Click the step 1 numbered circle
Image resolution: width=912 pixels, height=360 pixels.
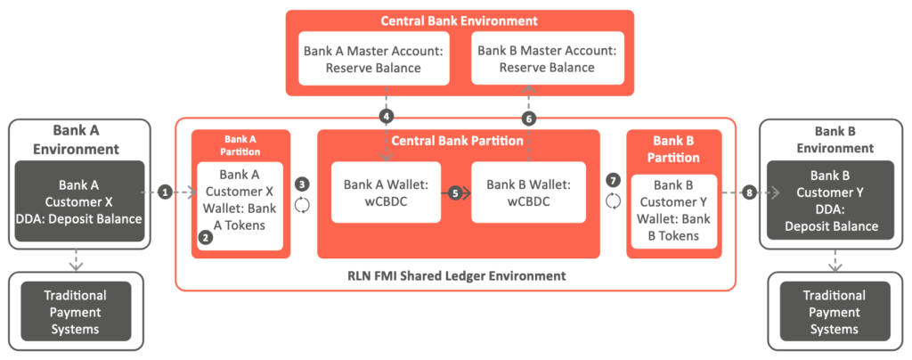click(165, 192)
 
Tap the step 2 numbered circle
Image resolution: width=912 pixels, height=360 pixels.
click(206, 237)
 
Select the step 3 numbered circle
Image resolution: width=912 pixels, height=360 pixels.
click(303, 184)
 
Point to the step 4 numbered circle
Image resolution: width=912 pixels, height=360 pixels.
click(386, 117)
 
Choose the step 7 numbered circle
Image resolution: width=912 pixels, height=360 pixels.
click(613, 180)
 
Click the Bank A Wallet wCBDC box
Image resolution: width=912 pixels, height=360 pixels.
click(386, 192)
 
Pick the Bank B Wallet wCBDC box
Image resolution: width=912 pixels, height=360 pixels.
click(528, 192)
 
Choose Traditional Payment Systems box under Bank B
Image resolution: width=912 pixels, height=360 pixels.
click(834, 312)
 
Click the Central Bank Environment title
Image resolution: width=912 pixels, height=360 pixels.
click(460, 20)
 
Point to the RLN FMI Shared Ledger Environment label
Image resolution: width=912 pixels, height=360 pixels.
click(455, 275)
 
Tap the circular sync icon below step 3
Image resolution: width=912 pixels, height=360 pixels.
click(303, 204)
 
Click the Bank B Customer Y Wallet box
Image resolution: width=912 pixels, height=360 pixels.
click(674, 211)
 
